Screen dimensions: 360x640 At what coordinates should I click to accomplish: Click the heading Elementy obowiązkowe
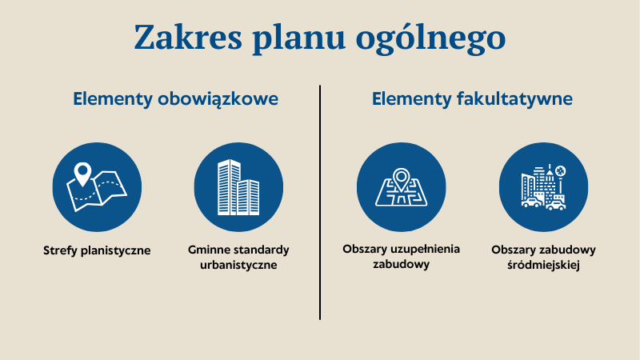[x=175, y=100]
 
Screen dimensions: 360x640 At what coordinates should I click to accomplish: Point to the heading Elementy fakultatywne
[x=471, y=100]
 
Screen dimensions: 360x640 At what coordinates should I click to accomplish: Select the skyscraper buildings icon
[x=238, y=187]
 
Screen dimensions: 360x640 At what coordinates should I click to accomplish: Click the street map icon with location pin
[x=401, y=187]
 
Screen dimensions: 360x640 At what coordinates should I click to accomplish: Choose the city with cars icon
[x=543, y=187]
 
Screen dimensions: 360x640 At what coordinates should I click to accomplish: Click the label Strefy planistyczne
[x=97, y=250]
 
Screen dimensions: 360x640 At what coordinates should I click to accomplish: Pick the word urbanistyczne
[x=238, y=265]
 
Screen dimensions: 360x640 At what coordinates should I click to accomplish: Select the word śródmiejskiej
[x=543, y=265]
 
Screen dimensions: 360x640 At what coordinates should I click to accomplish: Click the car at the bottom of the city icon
[x=531, y=203]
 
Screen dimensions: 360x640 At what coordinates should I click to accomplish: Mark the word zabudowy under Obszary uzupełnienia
[x=401, y=264]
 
